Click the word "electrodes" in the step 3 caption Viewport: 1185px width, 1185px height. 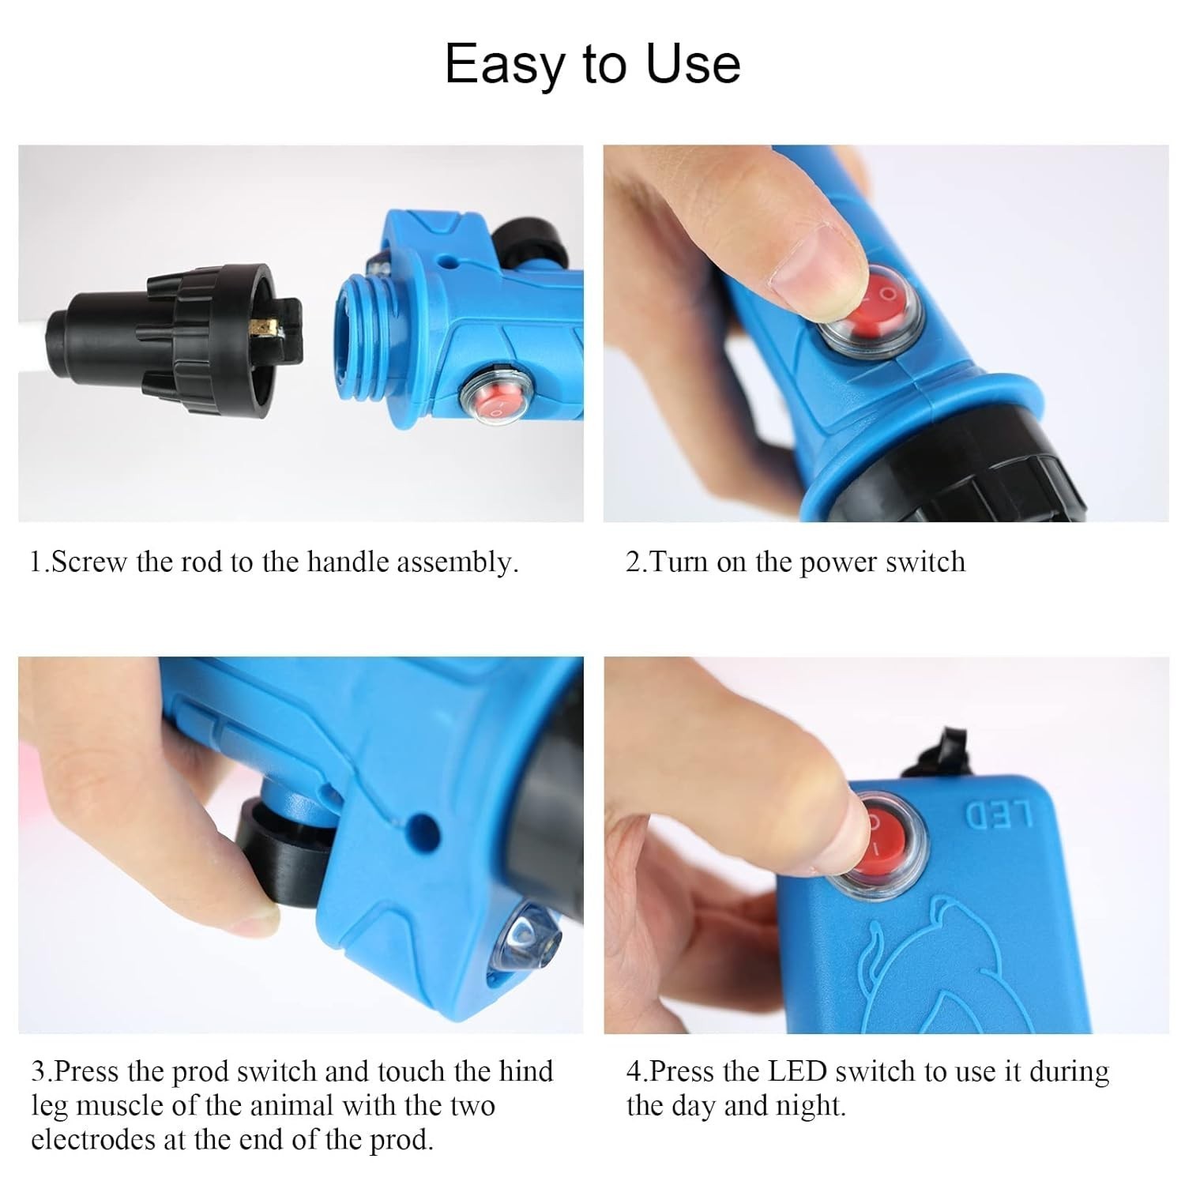pos(90,1140)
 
